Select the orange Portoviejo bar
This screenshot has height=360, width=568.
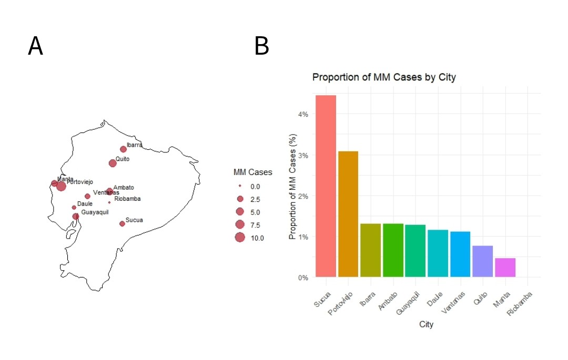tap(348, 214)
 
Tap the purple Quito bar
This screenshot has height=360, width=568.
tap(482, 261)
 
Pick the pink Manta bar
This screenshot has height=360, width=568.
tap(505, 268)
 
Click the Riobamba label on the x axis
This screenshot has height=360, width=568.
tap(520, 305)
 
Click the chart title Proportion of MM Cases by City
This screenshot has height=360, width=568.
tap(384, 77)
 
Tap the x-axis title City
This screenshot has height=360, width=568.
tap(426, 325)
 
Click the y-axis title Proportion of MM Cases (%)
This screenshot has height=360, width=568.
tap(293, 187)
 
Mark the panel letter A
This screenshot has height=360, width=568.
tap(35, 47)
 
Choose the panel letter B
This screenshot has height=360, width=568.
tap(261, 47)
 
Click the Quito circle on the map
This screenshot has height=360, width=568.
tap(113, 163)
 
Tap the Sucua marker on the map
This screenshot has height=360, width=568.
tap(122, 223)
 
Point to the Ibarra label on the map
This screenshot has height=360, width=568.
tap(134, 145)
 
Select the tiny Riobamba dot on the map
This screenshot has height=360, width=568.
tap(109, 202)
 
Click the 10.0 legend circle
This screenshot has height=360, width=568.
tap(240, 238)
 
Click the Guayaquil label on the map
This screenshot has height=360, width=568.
tap(95, 212)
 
